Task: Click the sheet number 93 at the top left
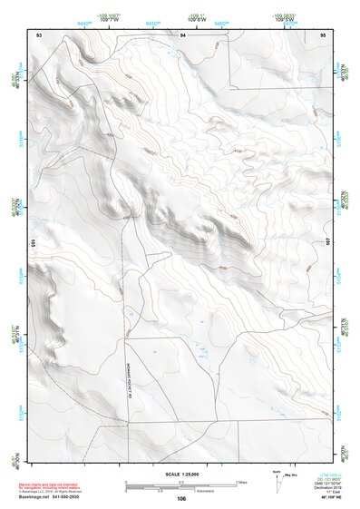(39, 34)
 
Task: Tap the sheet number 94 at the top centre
(182, 34)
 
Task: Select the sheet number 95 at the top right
(323, 34)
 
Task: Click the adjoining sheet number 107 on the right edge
(329, 242)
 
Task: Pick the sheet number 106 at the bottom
(181, 498)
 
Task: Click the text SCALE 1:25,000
(181, 475)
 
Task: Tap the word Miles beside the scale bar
(241, 481)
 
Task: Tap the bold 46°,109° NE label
(335, 498)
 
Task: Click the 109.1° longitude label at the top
(198, 15)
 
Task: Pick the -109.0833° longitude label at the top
(284, 15)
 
